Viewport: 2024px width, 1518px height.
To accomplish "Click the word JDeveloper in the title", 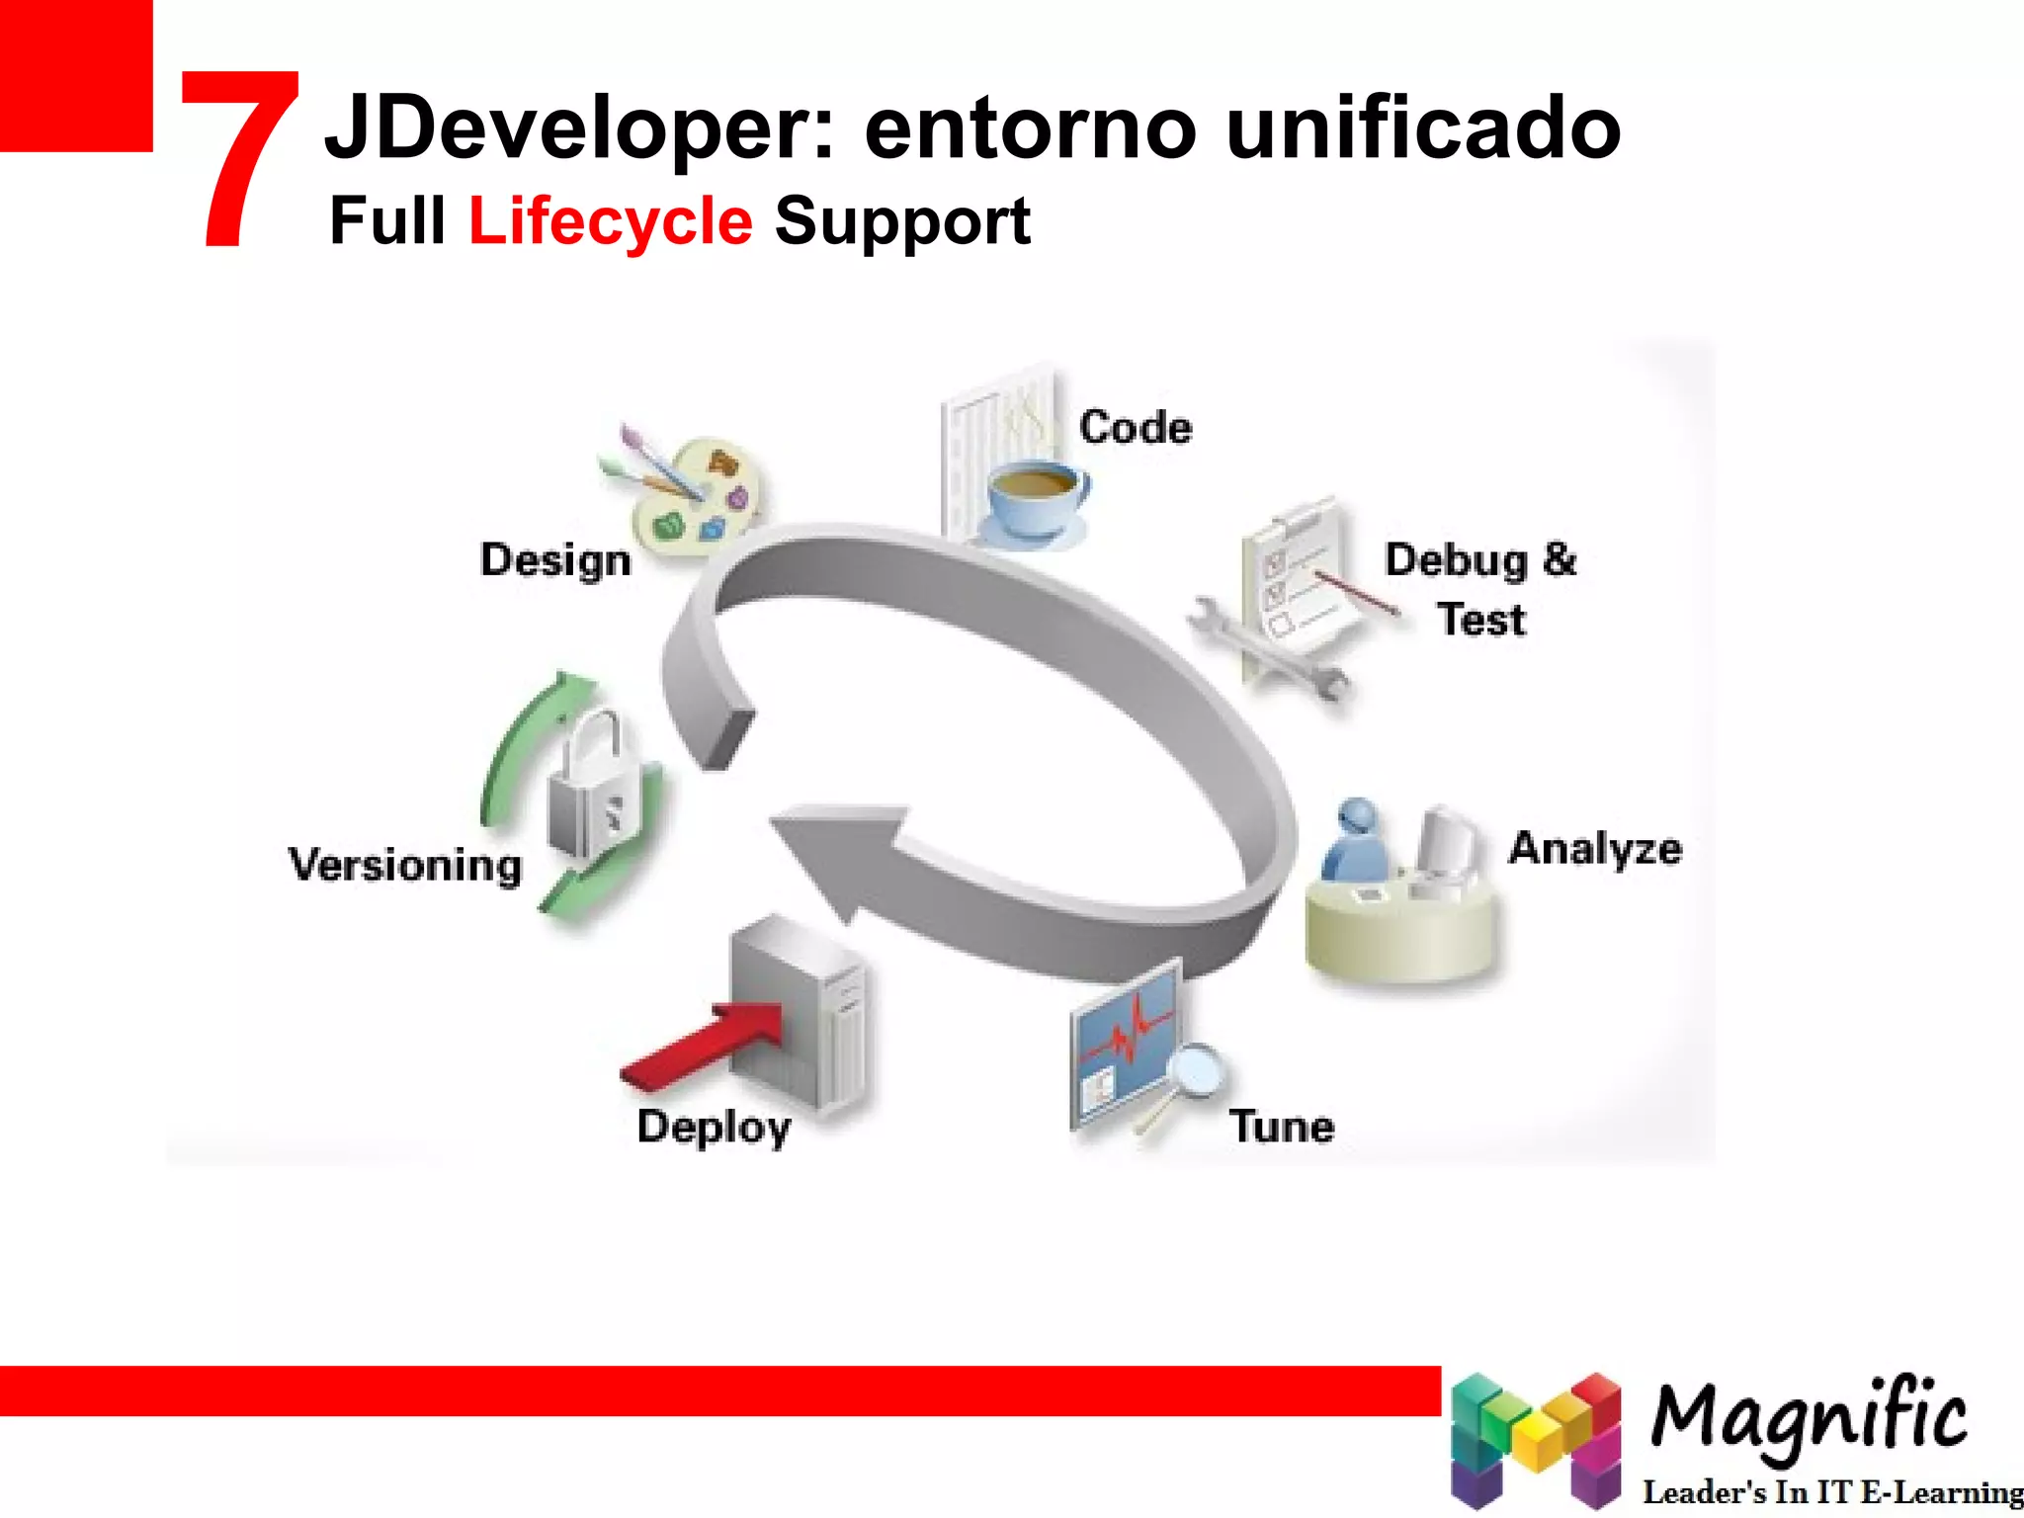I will pos(579,128).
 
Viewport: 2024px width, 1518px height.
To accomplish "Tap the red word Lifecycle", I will pos(610,220).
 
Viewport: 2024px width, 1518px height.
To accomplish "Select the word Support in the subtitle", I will pos(902,222).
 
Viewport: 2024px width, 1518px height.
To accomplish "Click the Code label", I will pos(1136,428).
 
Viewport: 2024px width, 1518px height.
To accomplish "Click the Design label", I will pos(555,560).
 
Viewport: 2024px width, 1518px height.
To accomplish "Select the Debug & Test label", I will pos(1480,589).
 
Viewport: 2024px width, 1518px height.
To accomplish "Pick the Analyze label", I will pos(1594,849).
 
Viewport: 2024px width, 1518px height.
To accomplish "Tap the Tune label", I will pos(1282,1127).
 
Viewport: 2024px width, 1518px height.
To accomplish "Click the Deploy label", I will pos(714,1128).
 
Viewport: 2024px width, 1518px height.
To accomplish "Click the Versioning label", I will pos(405,866).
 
